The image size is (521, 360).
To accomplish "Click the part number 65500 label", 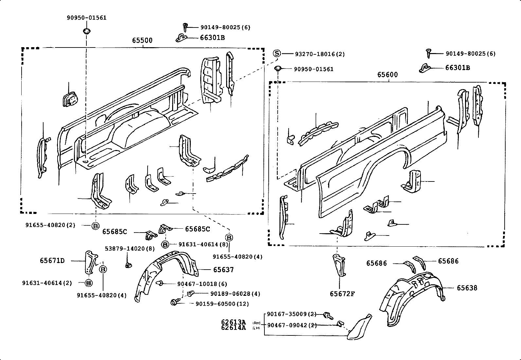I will click(142, 41).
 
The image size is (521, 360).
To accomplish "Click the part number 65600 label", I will click(387, 75).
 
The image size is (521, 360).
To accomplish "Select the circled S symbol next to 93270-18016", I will click(277, 53).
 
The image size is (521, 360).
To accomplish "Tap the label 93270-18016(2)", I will click(320, 54).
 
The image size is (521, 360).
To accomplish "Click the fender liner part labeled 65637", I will click(170, 272).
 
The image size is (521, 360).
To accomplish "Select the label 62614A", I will click(233, 328).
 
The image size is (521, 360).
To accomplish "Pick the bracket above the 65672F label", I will click(338, 265).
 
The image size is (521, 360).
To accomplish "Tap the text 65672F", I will click(342, 294).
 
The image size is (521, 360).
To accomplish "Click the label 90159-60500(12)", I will click(222, 304).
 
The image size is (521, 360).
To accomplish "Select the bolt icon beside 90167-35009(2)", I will click(328, 316).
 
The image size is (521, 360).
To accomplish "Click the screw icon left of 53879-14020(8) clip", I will click(128, 264).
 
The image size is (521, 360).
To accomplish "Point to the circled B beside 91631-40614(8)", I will click(165, 244).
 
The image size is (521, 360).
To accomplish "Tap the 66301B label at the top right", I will click(458, 68).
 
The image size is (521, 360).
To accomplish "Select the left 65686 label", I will click(376, 263).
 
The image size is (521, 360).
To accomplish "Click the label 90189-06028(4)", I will click(235, 294).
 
